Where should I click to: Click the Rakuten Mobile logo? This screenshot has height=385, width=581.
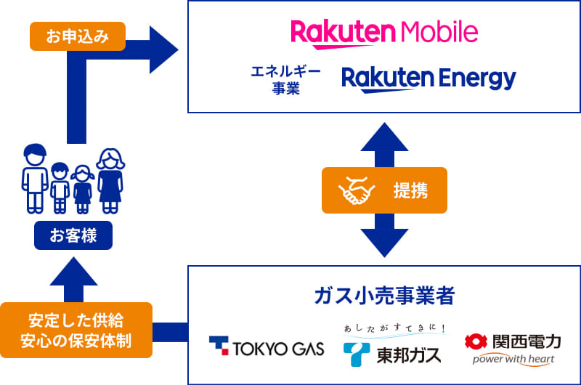click(384, 32)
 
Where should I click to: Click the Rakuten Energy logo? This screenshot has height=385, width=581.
click(428, 78)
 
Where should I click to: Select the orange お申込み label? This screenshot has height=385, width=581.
click(78, 36)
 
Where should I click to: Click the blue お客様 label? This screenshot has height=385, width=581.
click(73, 235)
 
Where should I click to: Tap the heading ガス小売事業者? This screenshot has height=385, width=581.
click(384, 296)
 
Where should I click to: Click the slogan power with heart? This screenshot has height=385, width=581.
click(513, 360)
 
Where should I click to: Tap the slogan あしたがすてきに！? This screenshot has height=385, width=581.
click(396, 329)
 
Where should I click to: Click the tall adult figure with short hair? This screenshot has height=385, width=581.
click(34, 179)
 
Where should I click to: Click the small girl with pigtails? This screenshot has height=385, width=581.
click(83, 188)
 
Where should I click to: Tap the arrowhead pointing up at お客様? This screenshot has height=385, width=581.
click(73, 270)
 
